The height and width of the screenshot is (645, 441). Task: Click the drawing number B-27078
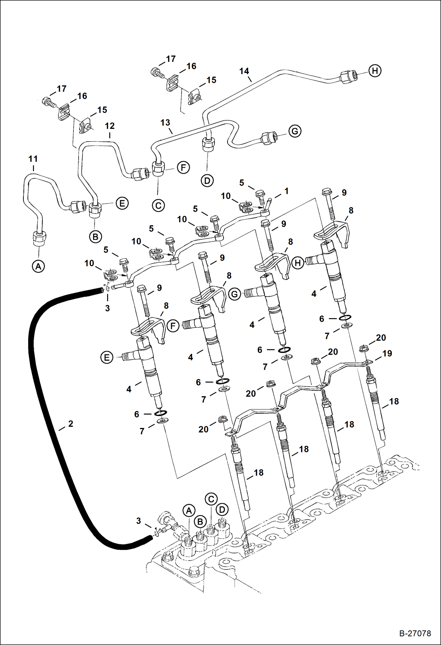coord(415,633)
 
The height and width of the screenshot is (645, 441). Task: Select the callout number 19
coord(387,353)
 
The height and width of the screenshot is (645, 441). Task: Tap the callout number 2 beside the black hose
coord(71,424)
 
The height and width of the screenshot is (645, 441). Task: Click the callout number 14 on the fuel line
coord(244,71)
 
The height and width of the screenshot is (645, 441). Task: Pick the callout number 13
coord(165,122)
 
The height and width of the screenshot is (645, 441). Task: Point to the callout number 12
coord(110,126)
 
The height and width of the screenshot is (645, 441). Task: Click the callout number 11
coord(33,159)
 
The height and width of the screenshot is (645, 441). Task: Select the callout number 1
coord(286,191)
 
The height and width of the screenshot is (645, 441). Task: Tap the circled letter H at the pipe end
coord(375,71)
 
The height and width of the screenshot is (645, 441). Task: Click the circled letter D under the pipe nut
coord(207,180)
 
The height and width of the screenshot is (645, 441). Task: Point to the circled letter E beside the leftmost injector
coord(107,357)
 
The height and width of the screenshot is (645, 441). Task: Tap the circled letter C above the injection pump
coord(211,499)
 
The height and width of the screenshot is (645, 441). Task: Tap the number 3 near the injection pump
coord(139,521)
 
